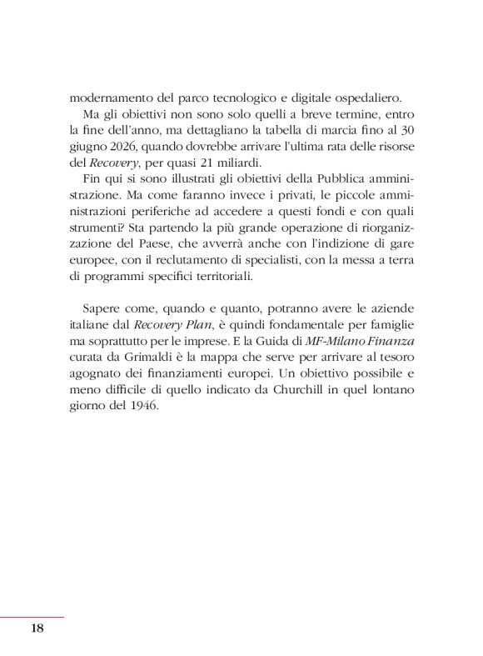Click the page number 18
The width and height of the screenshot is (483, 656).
tap(37, 628)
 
